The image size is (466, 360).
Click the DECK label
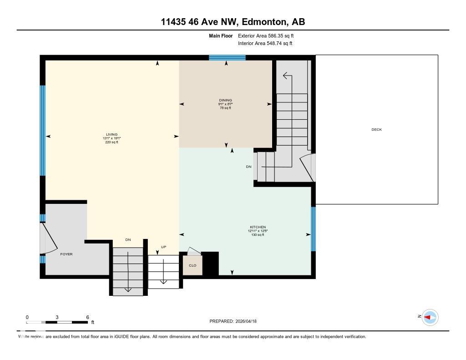[x=376, y=130]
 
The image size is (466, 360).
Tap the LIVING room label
[x=112, y=134]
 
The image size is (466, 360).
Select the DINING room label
[x=225, y=100]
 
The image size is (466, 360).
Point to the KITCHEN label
[x=258, y=227]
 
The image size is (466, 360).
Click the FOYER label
[x=66, y=254]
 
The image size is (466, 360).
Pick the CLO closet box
[x=192, y=266]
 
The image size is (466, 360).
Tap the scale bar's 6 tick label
[x=87, y=317]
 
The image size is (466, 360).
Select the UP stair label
[x=157, y=247]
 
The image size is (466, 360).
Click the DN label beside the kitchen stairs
[x=248, y=167]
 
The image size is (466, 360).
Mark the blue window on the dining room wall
[x=227, y=57]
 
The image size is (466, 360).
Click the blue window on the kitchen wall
[x=313, y=228]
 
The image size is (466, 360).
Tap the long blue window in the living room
[x=43, y=130]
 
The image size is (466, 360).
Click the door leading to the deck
[x=307, y=167]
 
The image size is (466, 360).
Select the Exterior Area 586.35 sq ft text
[x=268, y=35]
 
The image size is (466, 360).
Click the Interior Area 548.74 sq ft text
[x=265, y=44]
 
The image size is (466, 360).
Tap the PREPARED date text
[x=236, y=321]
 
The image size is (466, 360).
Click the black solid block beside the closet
[x=210, y=264]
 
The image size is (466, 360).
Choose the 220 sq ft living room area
[x=112, y=142]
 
